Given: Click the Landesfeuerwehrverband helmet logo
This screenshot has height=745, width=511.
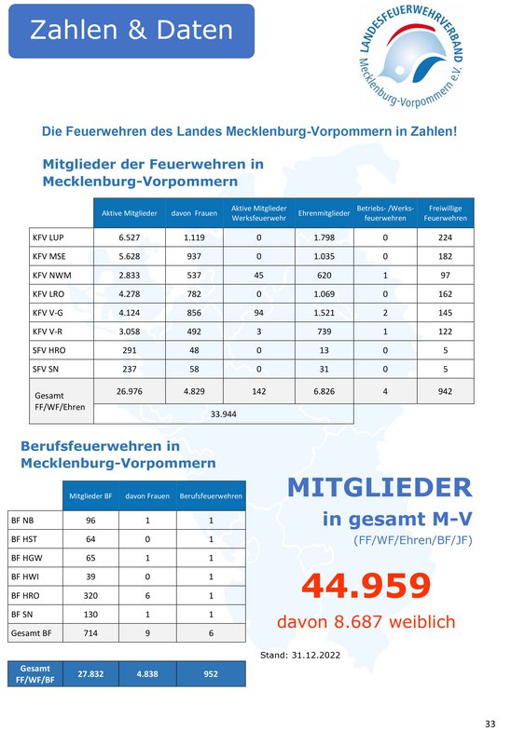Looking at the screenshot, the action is pyautogui.click(x=410, y=57).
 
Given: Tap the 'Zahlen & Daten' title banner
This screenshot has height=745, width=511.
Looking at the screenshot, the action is pyautogui.click(x=131, y=31).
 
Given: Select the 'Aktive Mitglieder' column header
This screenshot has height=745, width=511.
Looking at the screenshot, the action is pyautogui.click(x=130, y=213).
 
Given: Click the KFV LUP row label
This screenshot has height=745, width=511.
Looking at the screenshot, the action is pyautogui.click(x=48, y=237).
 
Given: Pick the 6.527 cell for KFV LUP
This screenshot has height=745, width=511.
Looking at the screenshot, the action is pyautogui.click(x=130, y=237).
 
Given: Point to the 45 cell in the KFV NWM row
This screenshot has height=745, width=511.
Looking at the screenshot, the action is pyautogui.click(x=259, y=275).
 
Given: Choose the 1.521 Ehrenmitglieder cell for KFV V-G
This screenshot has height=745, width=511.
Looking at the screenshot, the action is pyautogui.click(x=324, y=313).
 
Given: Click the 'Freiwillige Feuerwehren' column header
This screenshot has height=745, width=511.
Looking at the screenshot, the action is pyautogui.click(x=446, y=213).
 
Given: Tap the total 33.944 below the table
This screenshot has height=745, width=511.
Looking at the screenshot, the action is pyautogui.click(x=223, y=414).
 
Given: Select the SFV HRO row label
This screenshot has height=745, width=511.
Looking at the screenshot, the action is pyautogui.click(x=49, y=350).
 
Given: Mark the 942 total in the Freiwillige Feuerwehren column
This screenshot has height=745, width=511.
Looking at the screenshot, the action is pyautogui.click(x=446, y=391).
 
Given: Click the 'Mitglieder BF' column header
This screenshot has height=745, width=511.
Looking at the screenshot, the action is pyautogui.click(x=90, y=496).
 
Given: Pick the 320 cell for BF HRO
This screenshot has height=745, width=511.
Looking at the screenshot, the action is pyautogui.click(x=90, y=595).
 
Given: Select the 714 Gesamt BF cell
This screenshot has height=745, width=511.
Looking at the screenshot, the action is pyautogui.click(x=90, y=633).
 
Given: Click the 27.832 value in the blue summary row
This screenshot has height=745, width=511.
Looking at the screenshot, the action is pyautogui.click(x=90, y=673).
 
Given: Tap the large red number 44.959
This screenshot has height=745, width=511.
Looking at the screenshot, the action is pyautogui.click(x=366, y=586).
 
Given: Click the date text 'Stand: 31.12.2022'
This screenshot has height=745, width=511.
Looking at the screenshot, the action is pyautogui.click(x=300, y=656).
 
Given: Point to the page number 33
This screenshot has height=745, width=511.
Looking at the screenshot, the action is pyautogui.click(x=490, y=725).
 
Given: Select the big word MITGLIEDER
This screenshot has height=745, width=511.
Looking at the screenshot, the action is pyautogui.click(x=380, y=487).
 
